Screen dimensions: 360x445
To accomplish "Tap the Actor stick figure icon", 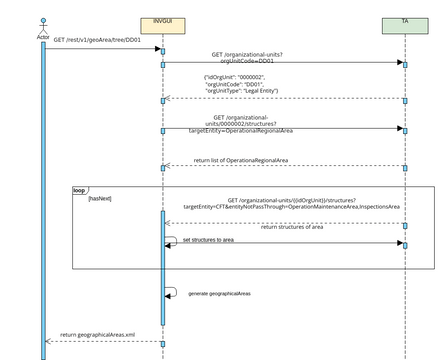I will [x=42, y=23].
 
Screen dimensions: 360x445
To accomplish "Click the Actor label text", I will [x=42, y=36].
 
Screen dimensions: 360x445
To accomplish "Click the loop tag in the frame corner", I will [x=80, y=190].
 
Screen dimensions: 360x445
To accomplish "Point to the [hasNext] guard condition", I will [x=100, y=199].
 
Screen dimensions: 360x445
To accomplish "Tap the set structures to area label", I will [x=208, y=240].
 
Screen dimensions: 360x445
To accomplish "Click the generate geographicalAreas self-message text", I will [x=219, y=294].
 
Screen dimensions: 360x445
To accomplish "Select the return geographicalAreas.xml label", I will [x=97, y=335].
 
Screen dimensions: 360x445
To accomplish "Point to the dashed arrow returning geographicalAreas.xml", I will [x=100, y=342].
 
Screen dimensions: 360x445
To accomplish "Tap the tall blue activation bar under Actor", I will [x=42, y=200].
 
